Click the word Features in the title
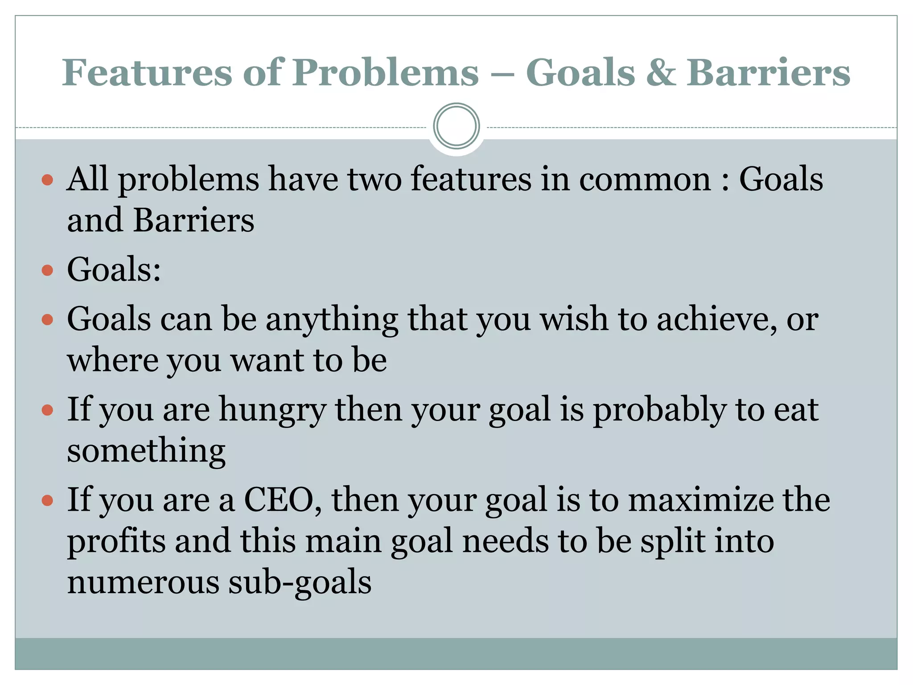pyautogui.click(x=147, y=72)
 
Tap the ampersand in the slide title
pyautogui.click(x=661, y=73)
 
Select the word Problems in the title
pyautogui.click(x=385, y=72)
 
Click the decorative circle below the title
pyautogui.click(x=456, y=126)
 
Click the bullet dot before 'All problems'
pyautogui.click(x=47, y=180)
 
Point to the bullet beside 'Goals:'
pyautogui.click(x=47, y=270)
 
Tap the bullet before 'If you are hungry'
pyautogui.click(x=47, y=410)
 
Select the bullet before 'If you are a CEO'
pyautogui.click(x=47, y=500)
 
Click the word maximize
pyautogui.click(x=701, y=499)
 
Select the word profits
pyautogui.click(x=116, y=541)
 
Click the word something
pyautogui.click(x=146, y=451)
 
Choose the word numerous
pyautogui.click(x=143, y=582)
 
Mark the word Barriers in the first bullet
pyautogui.click(x=193, y=220)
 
